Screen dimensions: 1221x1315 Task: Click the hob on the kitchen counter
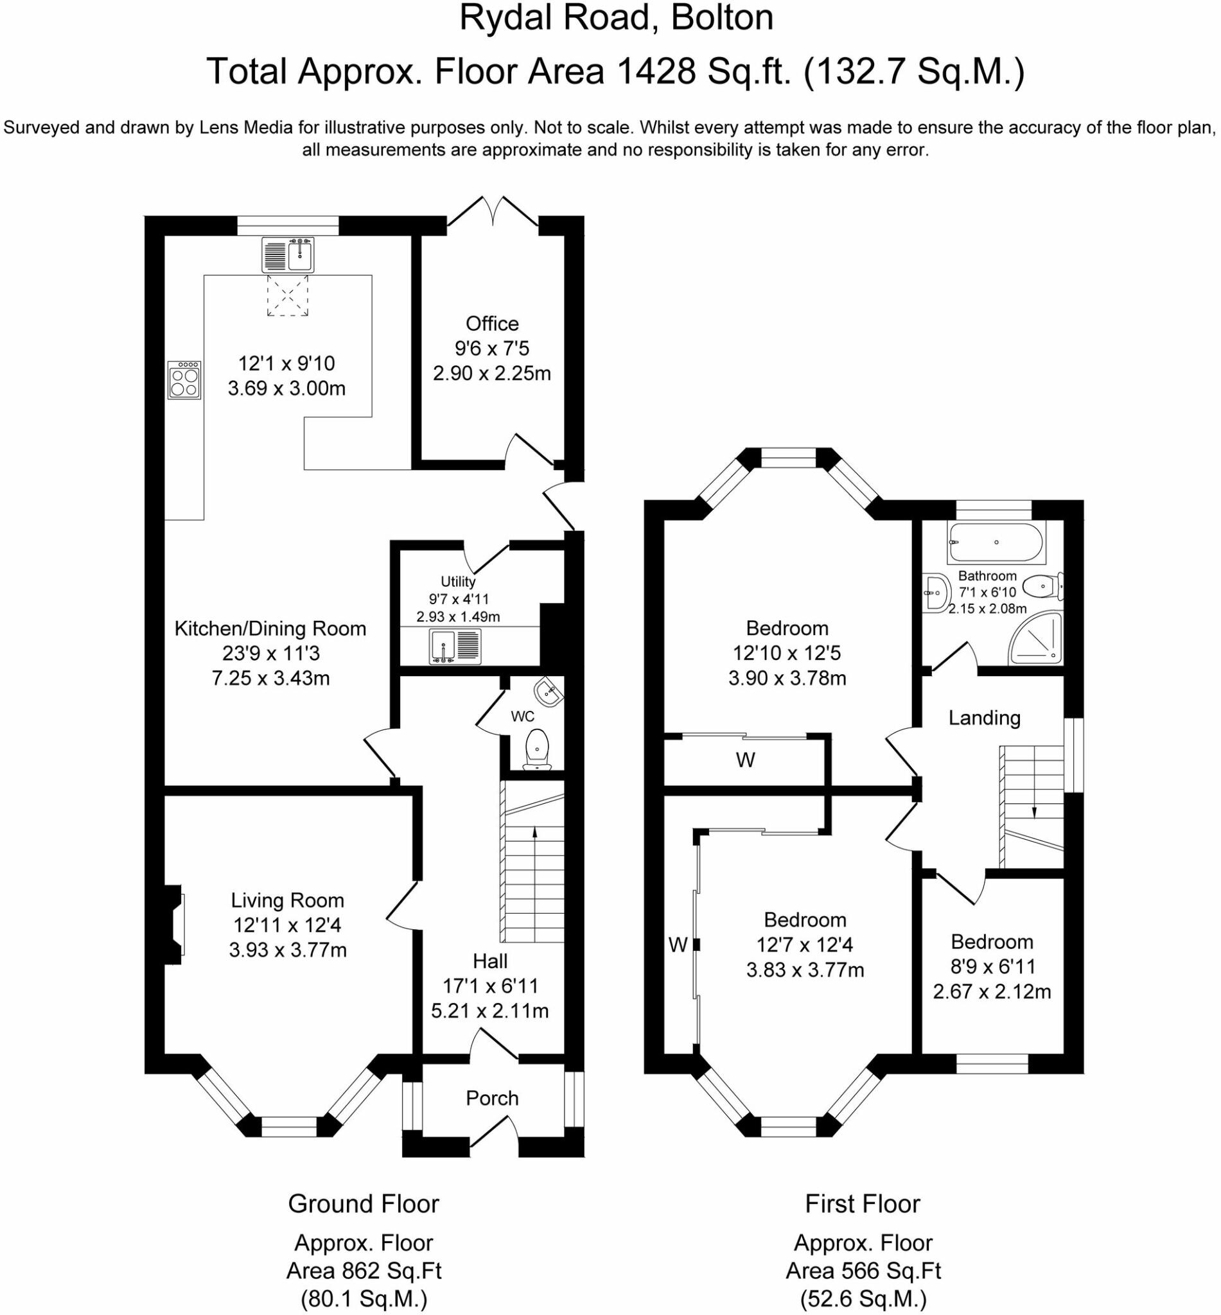184,379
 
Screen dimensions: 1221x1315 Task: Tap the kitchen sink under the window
288,255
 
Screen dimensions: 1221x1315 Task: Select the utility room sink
455,646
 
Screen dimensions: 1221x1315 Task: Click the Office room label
492,324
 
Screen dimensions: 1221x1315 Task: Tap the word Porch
492,1099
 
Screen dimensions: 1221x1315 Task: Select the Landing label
985,717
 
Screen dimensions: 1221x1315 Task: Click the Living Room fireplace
173,923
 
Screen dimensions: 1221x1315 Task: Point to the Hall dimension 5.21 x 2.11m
490,1011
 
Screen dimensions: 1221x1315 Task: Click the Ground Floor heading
364,1204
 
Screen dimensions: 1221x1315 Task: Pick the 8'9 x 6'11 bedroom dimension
992,966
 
